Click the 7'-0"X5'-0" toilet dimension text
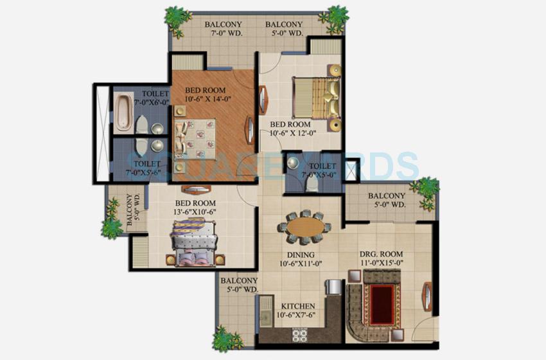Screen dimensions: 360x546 click(x=318, y=174)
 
